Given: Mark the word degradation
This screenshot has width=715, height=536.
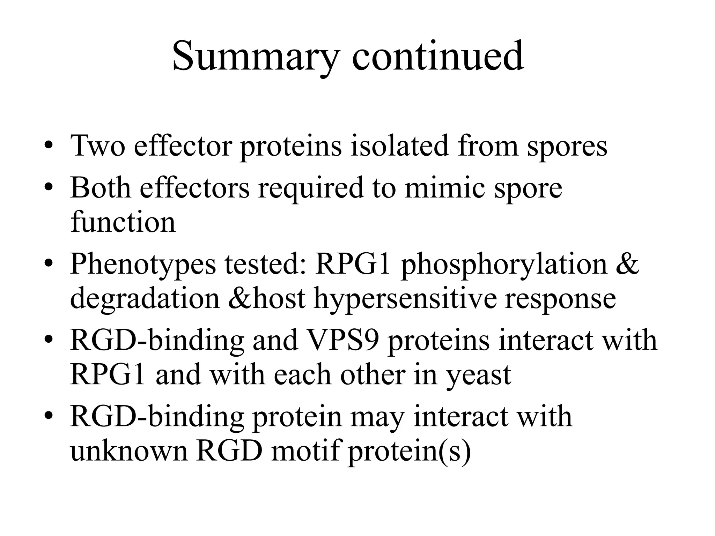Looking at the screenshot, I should tap(145, 299).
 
